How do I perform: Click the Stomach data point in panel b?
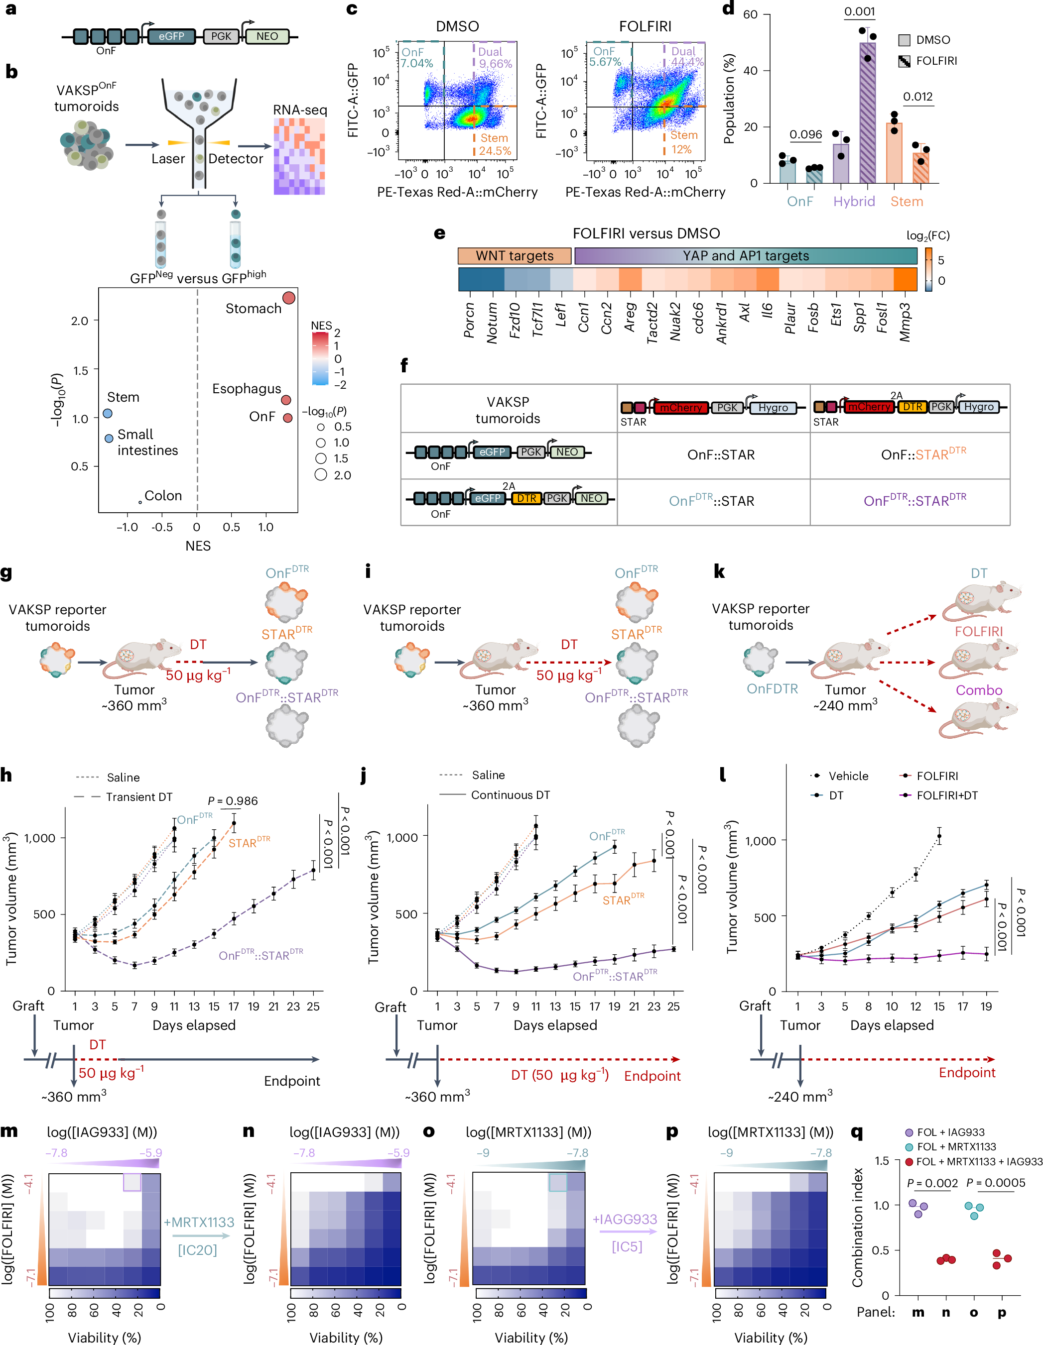point(288,298)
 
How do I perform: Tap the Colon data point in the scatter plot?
point(140,502)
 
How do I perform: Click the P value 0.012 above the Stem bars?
point(917,97)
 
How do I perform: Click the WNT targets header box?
point(515,255)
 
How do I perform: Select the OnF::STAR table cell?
point(720,454)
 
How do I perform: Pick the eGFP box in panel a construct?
point(171,36)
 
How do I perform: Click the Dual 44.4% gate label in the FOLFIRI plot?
point(686,57)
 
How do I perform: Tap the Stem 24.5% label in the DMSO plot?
point(495,145)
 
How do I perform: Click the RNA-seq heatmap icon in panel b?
point(299,156)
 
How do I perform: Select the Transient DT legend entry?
point(138,797)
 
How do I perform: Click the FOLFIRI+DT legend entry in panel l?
point(946,795)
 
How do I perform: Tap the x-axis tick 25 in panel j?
point(673,1007)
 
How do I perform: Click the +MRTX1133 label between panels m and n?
point(199,1222)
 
